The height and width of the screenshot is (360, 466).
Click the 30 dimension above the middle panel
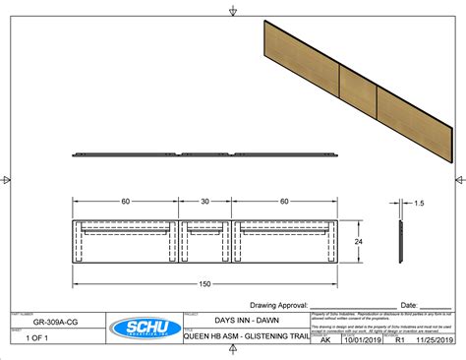tap(205, 202)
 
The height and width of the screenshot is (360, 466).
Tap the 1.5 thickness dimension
tap(419, 204)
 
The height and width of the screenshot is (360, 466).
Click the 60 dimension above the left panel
tap(126, 202)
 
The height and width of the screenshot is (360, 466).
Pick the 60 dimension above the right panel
tap(285, 202)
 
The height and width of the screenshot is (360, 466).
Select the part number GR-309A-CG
tap(56, 322)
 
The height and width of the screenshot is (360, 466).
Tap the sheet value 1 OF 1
tap(39, 337)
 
